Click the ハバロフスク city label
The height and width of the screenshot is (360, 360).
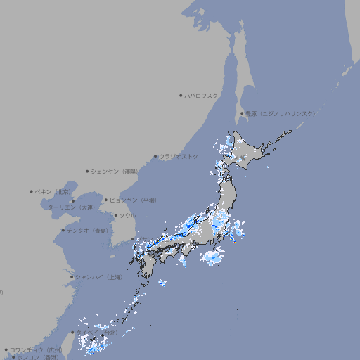click(x=202, y=95)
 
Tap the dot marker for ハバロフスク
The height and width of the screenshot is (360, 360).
click(x=181, y=95)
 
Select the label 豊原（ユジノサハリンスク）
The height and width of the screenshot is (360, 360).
click(x=281, y=113)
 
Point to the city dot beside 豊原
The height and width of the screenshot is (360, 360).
click(x=242, y=113)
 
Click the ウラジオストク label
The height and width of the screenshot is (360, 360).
click(x=179, y=156)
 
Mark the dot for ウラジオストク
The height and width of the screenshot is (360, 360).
click(x=155, y=156)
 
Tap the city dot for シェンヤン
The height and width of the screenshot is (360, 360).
click(x=88, y=171)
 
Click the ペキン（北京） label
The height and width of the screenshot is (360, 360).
click(x=53, y=191)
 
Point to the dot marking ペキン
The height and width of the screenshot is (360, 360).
click(x=32, y=191)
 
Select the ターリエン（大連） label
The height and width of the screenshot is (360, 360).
click(x=71, y=207)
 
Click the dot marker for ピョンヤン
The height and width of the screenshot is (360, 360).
click(x=107, y=200)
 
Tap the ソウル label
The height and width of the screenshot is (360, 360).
click(x=127, y=215)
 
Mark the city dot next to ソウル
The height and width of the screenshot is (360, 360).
click(x=115, y=215)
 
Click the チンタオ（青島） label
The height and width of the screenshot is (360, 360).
click(x=88, y=230)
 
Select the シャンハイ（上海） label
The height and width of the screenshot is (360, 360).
click(x=99, y=277)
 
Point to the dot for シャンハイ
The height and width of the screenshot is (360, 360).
click(x=72, y=277)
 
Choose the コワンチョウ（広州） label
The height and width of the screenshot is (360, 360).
click(x=35, y=349)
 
